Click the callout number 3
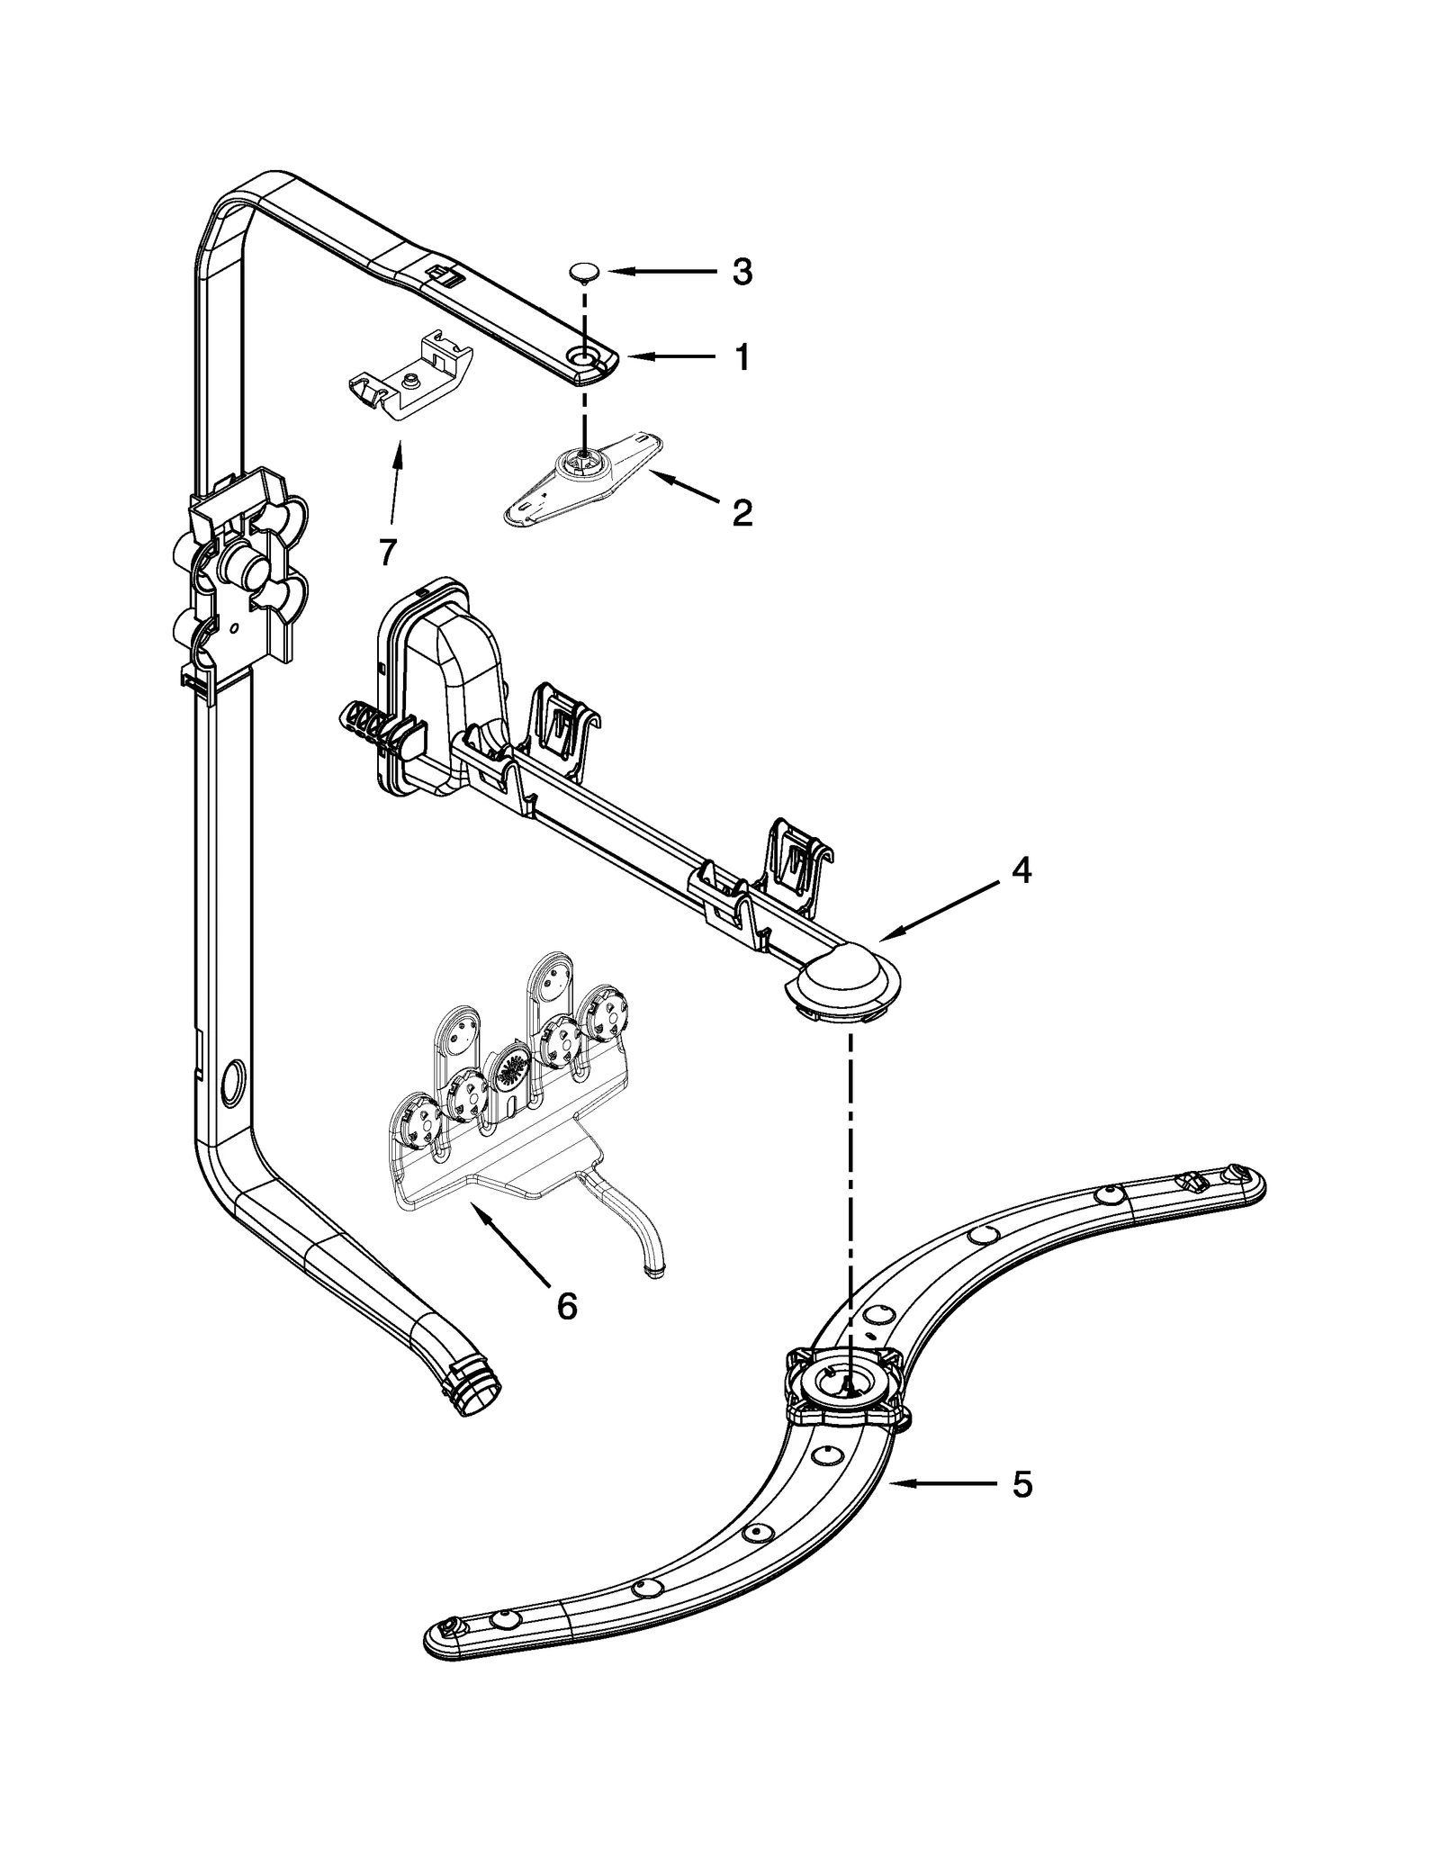point(742,271)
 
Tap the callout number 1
point(742,358)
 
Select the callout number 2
point(742,513)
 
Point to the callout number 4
point(1021,870)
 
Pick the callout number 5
point(1021,1485)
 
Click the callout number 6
point(566,1306)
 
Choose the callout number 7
point(387,552)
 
